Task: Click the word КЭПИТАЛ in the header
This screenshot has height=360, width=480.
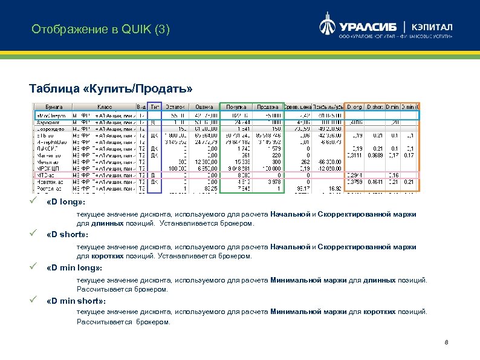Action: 433,27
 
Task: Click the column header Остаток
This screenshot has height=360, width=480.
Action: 175,107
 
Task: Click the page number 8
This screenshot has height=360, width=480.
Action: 446,344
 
